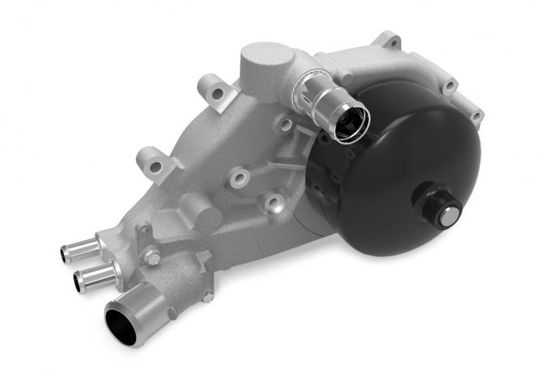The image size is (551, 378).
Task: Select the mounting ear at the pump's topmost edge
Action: point(388,40)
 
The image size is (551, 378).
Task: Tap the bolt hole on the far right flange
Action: point(475,114)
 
